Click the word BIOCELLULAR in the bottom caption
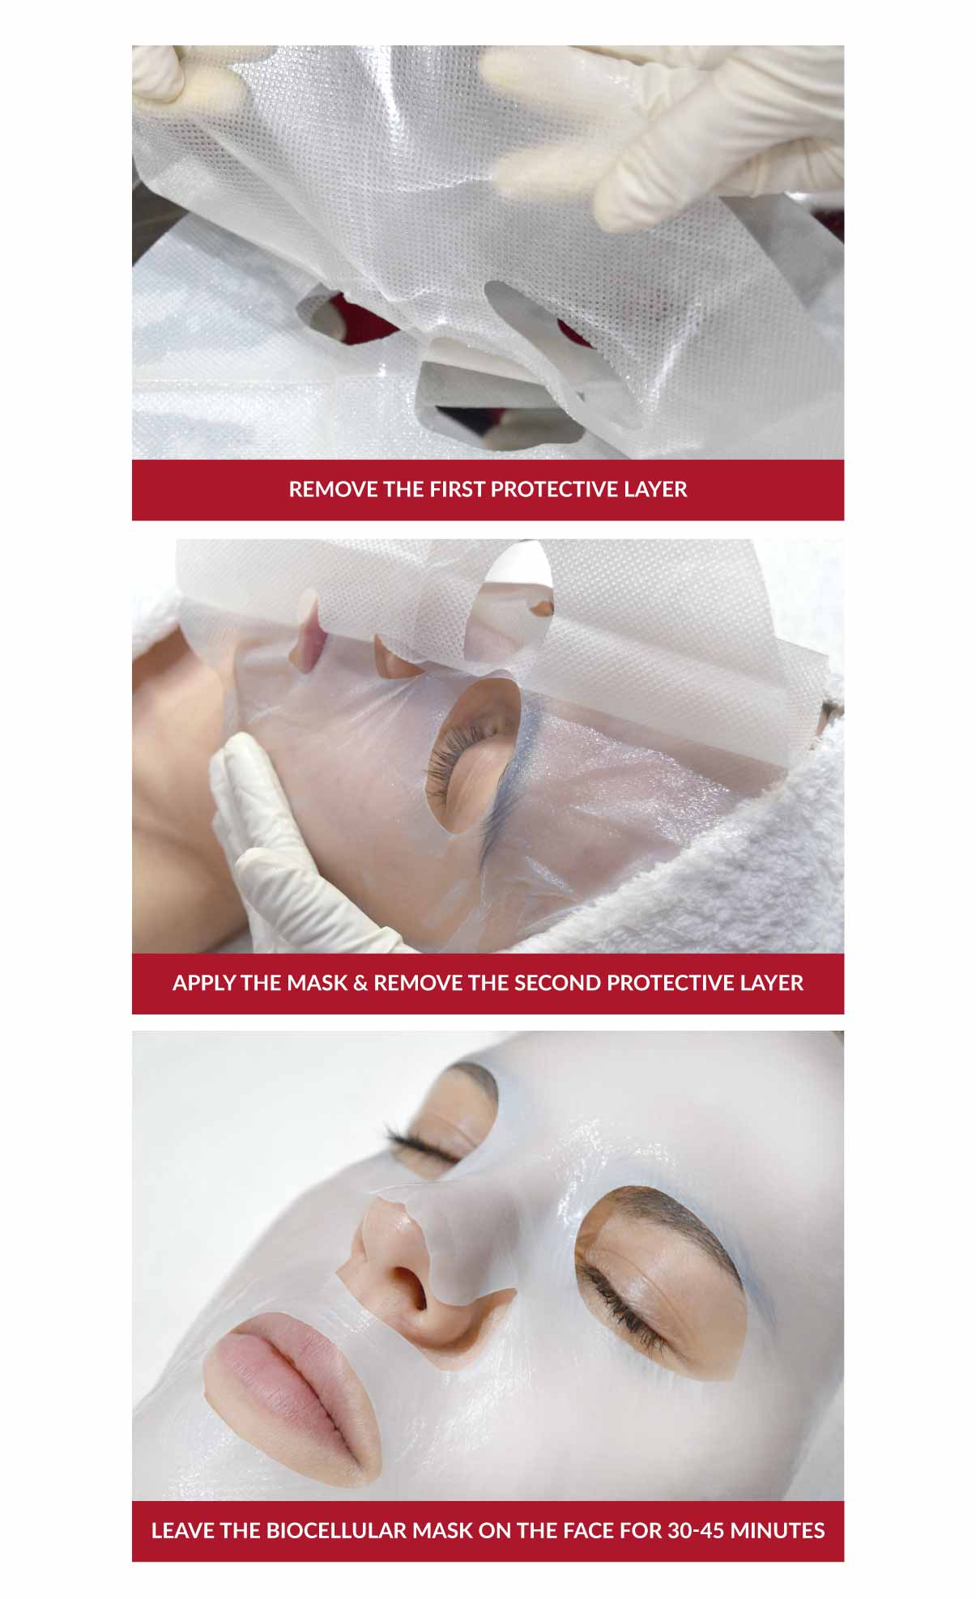(335, 1531)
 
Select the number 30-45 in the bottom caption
(696, 1531)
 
